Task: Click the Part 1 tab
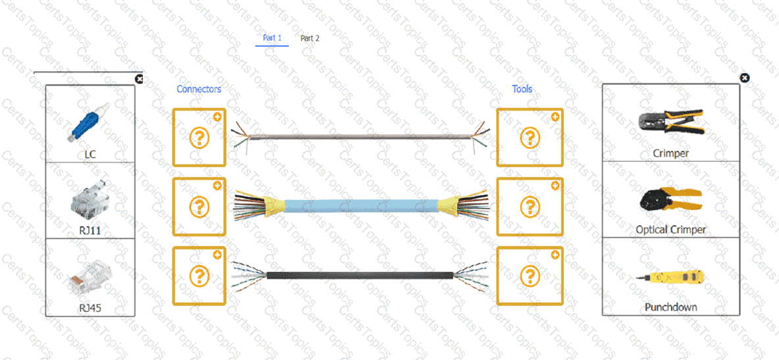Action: click(x=272, y=38)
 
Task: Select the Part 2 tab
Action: click(x=310, y=38)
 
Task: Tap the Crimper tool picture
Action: click(x=671, y=122)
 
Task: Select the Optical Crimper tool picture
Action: click(x=671, y=200)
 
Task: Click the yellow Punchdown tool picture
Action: click(x=671, y=280)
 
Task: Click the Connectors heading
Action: click(x=199, y=89)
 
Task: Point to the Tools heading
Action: click(x=522, y=89)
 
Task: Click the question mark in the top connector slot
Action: click(x=199, y=138)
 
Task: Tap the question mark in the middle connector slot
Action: click(x=199, y=206)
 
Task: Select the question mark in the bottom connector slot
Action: click(x=199, y=275)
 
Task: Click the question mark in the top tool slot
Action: click(x=530, y=138)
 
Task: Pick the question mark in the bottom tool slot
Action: click(x=530, y=275)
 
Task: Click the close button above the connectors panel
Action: click(x=139, y=79)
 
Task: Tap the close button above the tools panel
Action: click(x=744, y=78)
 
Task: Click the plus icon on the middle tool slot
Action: click(x=555, y=186)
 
